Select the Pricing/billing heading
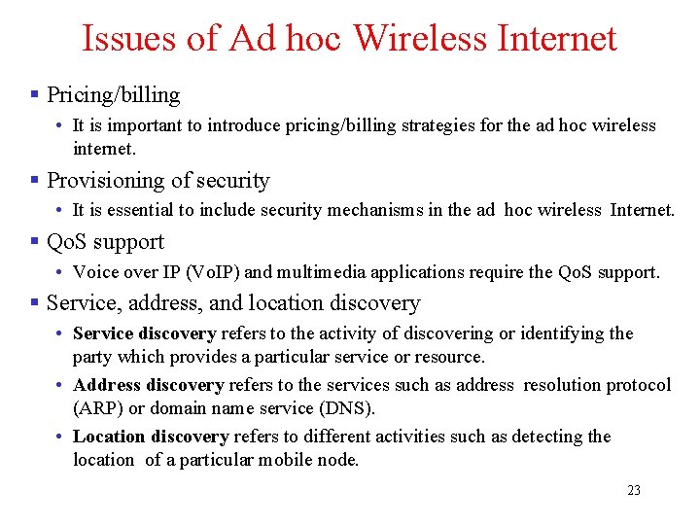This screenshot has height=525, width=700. point(114,94)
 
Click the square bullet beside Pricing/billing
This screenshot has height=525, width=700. point(34,94)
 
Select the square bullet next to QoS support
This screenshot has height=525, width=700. point(34,242)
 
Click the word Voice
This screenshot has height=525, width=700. point(95,271)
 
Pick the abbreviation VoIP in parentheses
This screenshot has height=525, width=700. point(208,271)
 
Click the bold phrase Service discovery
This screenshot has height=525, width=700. point(144,333)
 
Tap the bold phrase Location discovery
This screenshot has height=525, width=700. point(150,437)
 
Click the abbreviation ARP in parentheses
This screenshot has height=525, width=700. point(94,408)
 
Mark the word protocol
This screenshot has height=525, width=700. point(638,385)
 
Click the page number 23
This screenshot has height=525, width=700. point(634,490)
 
